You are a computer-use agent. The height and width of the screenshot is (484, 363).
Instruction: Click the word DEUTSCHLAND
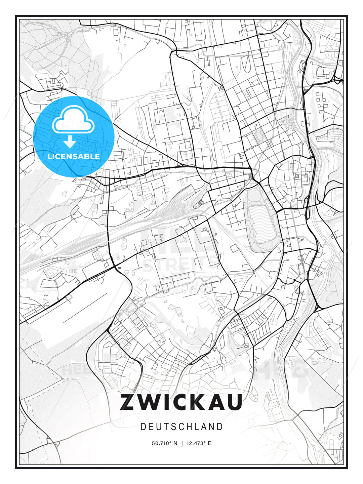click(182, 427)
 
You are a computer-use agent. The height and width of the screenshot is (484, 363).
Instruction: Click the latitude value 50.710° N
click(164, 443)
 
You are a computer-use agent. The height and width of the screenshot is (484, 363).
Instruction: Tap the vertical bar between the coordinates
click(182, 443)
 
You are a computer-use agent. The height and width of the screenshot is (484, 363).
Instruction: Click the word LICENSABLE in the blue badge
click(74, 156)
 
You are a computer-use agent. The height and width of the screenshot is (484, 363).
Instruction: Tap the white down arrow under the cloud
click(70, 142)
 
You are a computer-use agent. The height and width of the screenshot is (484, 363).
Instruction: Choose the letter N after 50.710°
click(175, 443)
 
